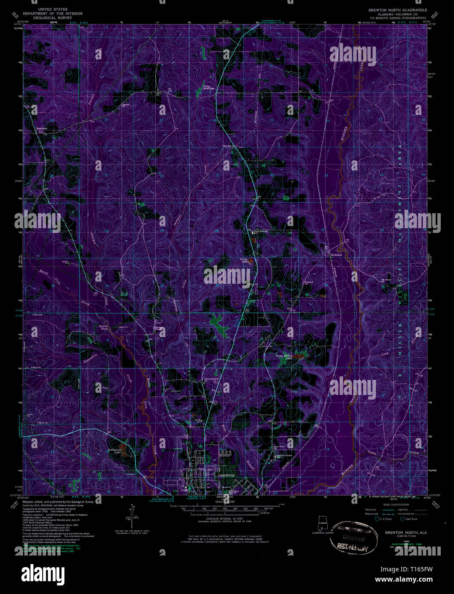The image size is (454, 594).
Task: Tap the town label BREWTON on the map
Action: tap(227, 475)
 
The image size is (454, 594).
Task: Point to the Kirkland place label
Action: tap(336, 255)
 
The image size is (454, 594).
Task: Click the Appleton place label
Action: tap(41, 127)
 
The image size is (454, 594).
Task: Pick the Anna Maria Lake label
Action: tap(283, 356)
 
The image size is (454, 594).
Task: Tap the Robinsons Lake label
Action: tap(115, 451)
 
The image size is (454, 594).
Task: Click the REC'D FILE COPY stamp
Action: tap(353, 547)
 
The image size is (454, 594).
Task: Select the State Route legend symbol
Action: tap(402, 519)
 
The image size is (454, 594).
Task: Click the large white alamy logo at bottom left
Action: tap(41, 573)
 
